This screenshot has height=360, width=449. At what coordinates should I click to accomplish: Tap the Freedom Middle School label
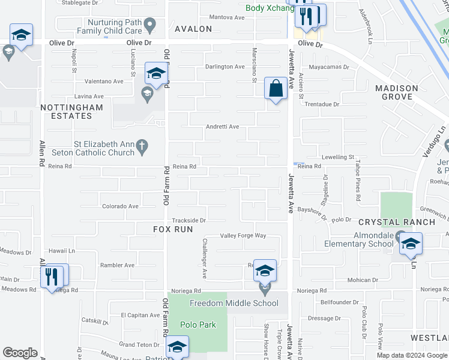pos(234,303)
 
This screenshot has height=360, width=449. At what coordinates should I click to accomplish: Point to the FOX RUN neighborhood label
pos(173,229)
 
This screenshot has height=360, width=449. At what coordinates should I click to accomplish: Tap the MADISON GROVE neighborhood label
pos(397,92)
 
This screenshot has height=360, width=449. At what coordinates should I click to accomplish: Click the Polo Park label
pos(197,325)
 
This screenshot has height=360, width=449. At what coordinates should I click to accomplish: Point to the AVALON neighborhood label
pos(193,29)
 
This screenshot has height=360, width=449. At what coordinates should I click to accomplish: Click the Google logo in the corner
pos(20,353)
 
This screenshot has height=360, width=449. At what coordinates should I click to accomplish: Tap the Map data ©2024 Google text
pos(412,355)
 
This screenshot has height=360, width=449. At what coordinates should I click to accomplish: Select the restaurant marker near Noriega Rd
pos(52,277)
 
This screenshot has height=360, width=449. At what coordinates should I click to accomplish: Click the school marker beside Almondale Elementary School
pos(411,244)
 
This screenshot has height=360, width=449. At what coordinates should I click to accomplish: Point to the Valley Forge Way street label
pos(243,236)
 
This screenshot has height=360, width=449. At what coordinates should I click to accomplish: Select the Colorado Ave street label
pos(120,206)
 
